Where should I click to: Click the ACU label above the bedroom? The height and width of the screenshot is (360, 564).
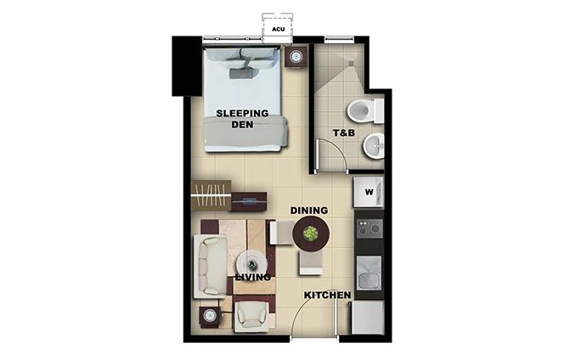[277, 28]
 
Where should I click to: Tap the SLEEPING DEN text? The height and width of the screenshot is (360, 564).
[242, 119]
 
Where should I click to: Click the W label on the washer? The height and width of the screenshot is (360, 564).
[369, 192]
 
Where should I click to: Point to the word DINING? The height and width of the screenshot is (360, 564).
[309, 210]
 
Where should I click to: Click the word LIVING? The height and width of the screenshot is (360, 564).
[255, 277]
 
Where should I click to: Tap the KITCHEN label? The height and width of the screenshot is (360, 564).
[328, 295]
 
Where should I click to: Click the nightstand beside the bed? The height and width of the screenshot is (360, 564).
[296, 57]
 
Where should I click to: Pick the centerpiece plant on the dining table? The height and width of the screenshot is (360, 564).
[310, 231]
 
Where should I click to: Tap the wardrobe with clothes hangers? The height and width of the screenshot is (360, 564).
[211, 197]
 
